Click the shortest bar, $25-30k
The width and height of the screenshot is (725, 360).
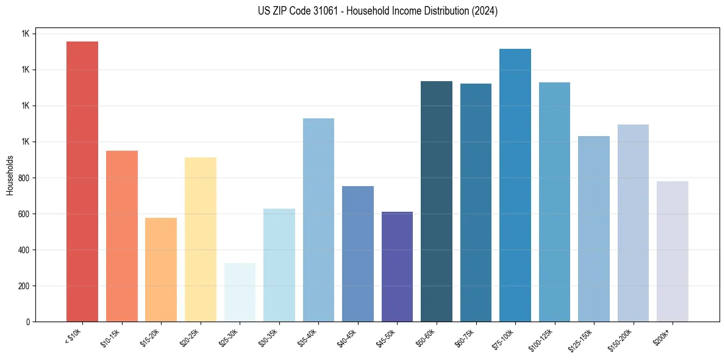240,292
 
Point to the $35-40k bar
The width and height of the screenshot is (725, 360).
318,220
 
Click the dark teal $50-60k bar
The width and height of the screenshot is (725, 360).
437,201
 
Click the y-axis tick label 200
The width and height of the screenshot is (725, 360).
24,286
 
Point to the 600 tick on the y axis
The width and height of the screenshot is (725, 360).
24,214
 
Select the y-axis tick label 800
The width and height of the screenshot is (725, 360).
24,178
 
